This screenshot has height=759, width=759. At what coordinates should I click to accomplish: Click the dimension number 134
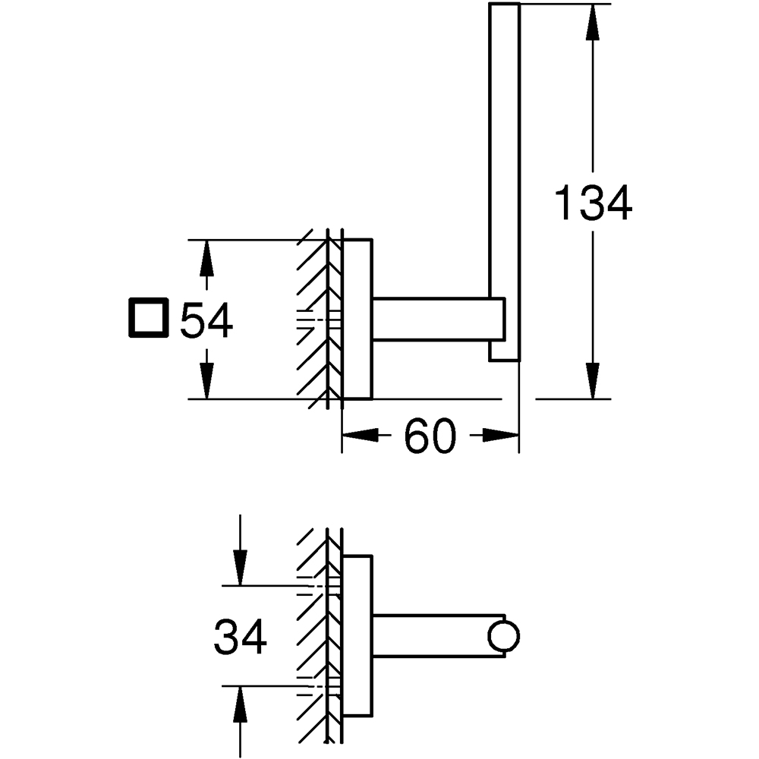594,203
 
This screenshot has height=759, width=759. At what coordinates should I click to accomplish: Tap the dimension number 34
240,637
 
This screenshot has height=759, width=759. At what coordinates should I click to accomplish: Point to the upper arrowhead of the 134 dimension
594,23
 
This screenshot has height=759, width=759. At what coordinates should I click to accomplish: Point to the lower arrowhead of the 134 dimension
594,379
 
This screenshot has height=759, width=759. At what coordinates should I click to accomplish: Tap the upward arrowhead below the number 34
240,702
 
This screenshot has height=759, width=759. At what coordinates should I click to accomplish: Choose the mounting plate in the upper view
357,319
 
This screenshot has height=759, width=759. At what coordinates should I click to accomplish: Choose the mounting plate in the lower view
357,636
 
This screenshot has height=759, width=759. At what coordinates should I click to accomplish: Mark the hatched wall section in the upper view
315,319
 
